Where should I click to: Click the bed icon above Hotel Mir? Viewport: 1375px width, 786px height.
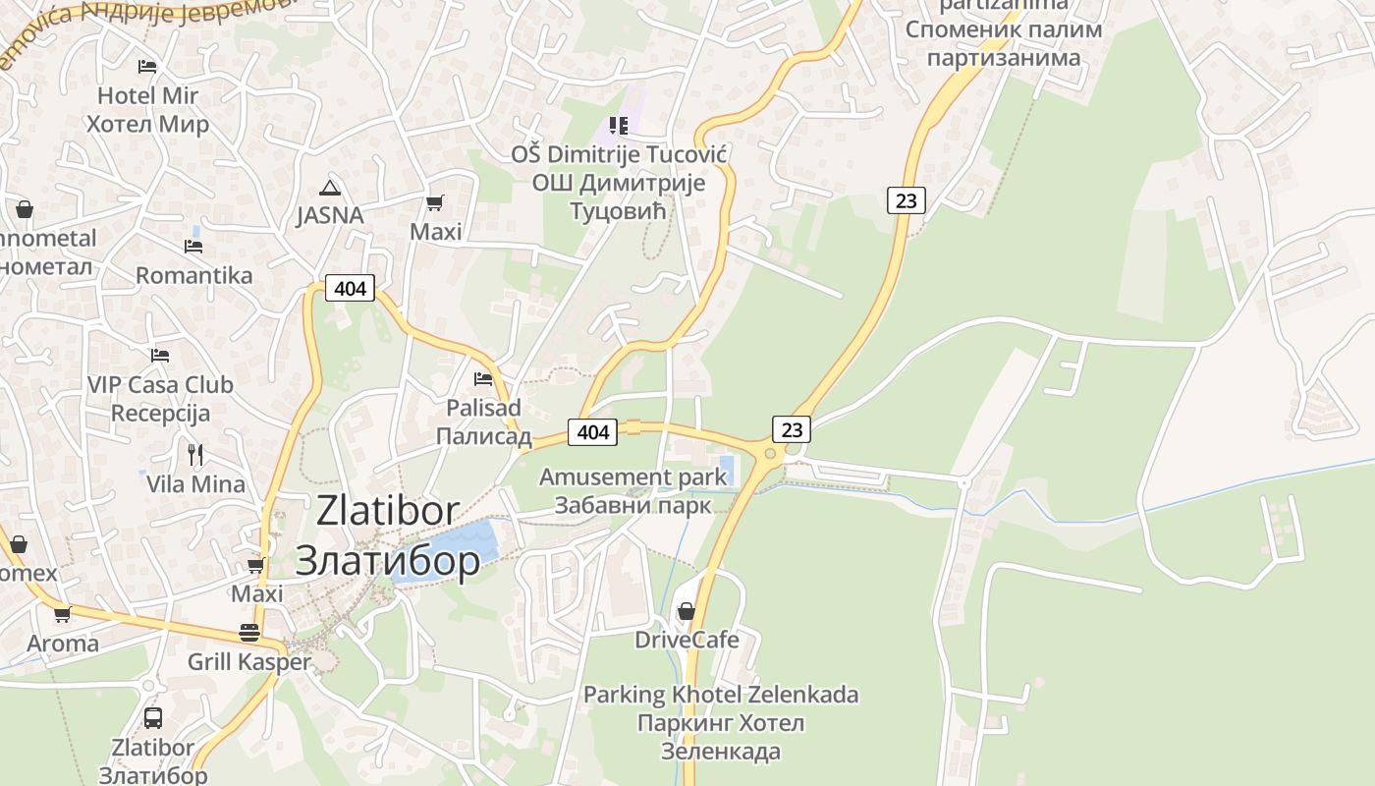(x=147, y=67)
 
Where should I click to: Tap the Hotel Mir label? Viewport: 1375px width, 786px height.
(x=147, y=96)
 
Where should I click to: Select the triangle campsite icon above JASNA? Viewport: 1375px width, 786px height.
(x=329, y=188)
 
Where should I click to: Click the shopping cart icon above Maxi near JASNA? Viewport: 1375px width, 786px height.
(x=434, y=203)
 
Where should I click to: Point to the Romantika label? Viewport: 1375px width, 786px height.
(x=194, y=275)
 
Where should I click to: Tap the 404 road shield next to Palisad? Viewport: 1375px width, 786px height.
(x=592, y=431)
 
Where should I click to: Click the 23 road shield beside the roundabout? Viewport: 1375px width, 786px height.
(x=792, y=429)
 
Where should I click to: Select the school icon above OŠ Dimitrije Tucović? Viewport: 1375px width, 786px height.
(x=618, y=125)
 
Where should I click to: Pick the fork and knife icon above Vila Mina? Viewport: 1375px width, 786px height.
(x=195, y=454)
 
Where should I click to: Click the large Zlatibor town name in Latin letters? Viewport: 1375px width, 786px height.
(x=388, y=511)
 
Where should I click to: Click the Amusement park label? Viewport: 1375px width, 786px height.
(x=633, y=477)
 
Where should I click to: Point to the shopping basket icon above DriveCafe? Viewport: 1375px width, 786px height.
(x=687, y=611)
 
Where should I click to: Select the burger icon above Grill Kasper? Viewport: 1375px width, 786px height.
(x=249, y=633)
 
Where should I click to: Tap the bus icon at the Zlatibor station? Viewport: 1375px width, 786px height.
(x=153, y=717)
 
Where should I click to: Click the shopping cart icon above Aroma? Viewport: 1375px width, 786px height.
(x=63, y=615)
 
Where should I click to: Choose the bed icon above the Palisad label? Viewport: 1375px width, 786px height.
(x=483, y=378)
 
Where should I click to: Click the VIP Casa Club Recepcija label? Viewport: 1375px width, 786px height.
(x=160, y=398)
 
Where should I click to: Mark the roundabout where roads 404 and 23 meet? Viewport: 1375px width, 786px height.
(x=770, y=453)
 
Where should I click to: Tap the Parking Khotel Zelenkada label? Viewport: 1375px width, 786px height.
(x=721, y=695)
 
